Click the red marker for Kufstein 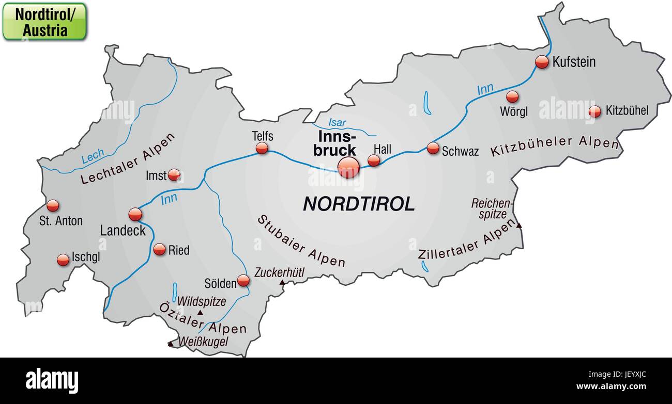(542, 62)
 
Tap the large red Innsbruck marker (348, 168)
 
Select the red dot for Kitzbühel (595, 111)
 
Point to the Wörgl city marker (512, 96)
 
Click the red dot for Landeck (135, 214)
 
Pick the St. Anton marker (53, 206)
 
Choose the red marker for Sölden (243, 281)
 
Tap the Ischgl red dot (63, 260)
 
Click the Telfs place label (263, 136)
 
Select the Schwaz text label (460, 151)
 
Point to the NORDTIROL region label (359, 204)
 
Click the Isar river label (337, 123)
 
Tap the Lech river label (93, 156)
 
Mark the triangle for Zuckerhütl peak (282, 283)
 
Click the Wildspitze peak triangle (200, 313)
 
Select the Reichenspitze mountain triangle (519, 225)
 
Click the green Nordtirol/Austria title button (44, 22)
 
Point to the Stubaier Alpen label (301, 241)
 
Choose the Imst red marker (174, 175)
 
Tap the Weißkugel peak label (203, 341)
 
